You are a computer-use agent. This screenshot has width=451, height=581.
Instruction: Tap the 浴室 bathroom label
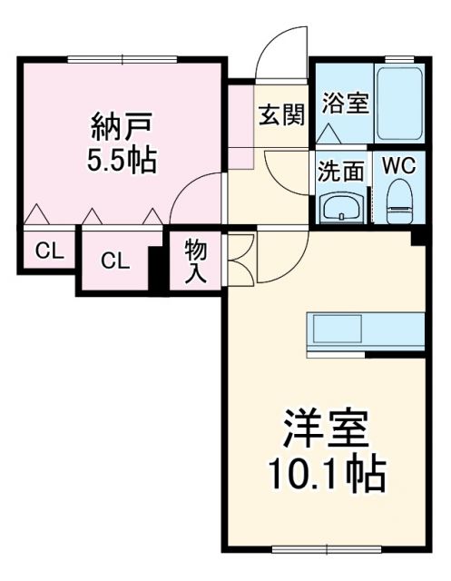[x=344, y=102]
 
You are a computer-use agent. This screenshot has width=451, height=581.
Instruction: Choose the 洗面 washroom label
[x=342, y=171]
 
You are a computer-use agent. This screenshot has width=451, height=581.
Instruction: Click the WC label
[x=398, y=167]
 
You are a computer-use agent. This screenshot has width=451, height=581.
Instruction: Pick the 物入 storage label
[x=194, y=260]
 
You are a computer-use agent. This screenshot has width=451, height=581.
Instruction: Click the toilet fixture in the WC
[x=399, y=202]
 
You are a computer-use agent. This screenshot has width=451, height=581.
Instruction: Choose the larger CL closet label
[x=113, y=261]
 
